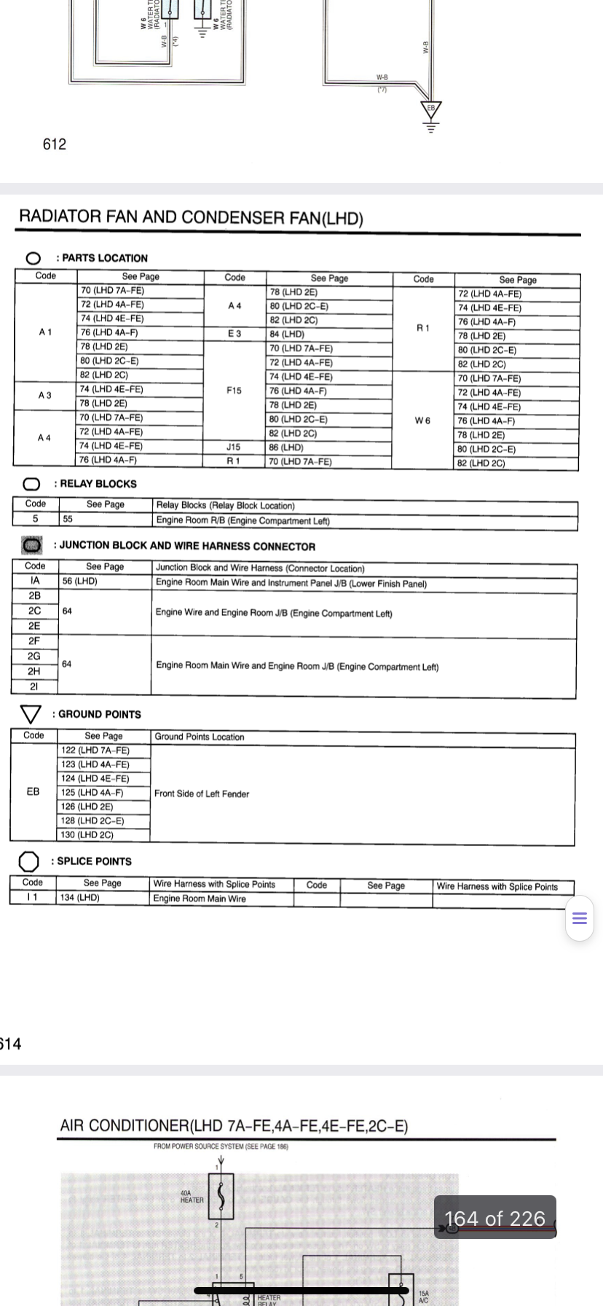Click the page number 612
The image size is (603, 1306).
pos(55,144)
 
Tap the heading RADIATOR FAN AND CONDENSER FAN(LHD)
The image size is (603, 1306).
pos(191,217)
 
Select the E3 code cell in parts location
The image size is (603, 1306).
pos(234,333)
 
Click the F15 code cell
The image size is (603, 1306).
pos(234,391)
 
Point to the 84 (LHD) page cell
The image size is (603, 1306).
pos(287,334)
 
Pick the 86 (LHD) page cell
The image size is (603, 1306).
pos(286,447)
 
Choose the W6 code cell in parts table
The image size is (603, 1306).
pos(422,421)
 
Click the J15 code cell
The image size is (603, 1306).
pos(234,447)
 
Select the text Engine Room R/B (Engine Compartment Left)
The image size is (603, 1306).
pos(243,520)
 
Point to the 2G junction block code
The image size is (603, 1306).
pos(34,656)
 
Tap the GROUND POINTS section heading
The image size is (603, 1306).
pos(99,714)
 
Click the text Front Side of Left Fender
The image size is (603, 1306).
pos(202,794)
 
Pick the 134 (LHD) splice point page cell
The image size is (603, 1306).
pos(80,897)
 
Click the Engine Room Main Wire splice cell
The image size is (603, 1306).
pos(200,899)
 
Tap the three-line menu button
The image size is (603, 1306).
pos(580,918)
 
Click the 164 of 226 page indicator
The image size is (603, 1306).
pos(495,1219)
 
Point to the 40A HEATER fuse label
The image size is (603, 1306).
pos(192,1196)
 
